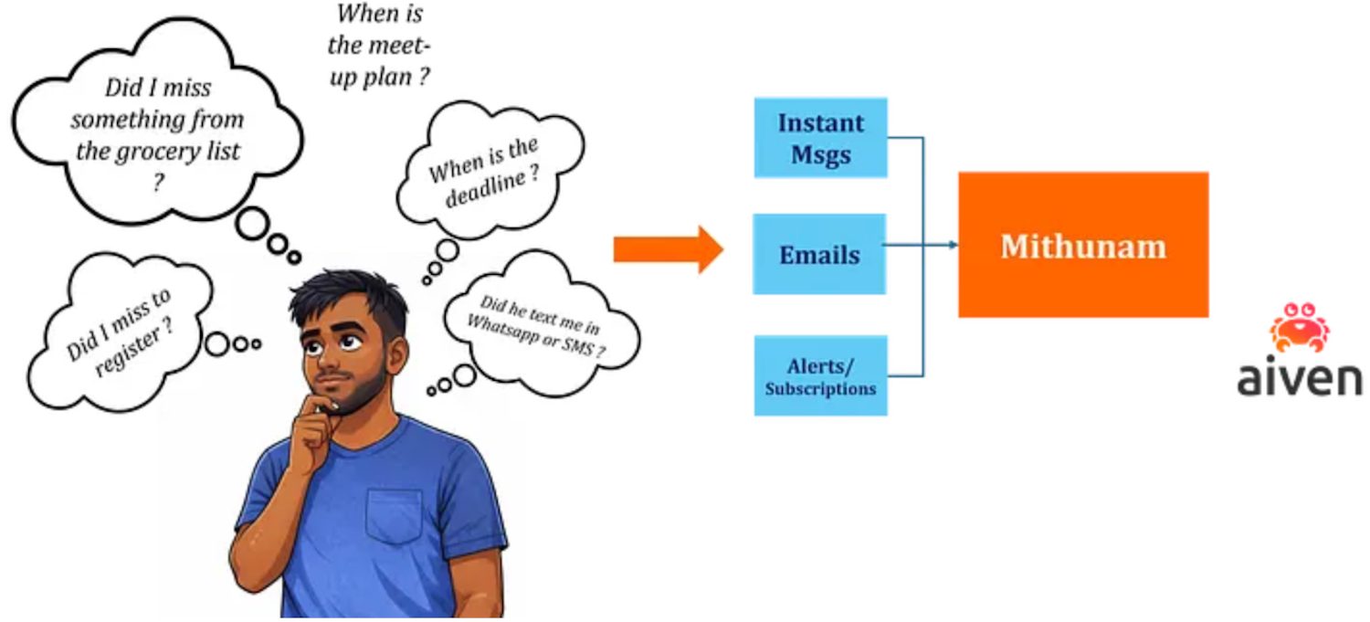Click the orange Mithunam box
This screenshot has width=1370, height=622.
coord(1083,245)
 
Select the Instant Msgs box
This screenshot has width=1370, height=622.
coord(821,138)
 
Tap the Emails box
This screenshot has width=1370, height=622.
coord(819,254)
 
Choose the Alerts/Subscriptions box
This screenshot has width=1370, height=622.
coord(821,375)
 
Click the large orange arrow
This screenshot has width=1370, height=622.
coord(669,249)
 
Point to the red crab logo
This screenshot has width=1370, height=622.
coord(1300,328)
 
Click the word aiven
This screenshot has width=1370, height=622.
coord(1300,378)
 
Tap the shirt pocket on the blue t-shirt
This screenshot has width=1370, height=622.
coord(394,515)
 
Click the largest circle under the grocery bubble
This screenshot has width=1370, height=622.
coord(252,224)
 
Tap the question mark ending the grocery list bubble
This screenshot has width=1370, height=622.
coord(159,182)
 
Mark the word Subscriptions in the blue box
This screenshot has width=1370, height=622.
coord(821,388)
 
